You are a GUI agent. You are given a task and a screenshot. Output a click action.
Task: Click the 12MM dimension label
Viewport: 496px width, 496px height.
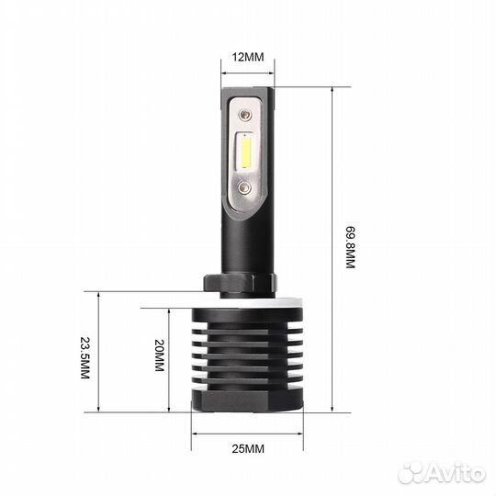tap(247, 56)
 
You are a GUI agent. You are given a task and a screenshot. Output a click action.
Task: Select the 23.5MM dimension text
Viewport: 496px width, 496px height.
tap(85, 361)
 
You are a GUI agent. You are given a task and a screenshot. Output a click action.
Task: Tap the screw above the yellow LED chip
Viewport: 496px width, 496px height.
tap(246, 115)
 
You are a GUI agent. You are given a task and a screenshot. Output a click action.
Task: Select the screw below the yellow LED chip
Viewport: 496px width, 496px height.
tap(245, 186)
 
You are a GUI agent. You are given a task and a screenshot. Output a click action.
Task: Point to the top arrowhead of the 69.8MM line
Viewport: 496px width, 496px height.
tap(333, 89)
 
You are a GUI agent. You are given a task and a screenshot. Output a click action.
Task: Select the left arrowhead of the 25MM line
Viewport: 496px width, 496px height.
tap(194, 433)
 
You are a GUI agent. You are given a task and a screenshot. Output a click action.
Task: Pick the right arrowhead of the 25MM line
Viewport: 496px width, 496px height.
tap(299, 433)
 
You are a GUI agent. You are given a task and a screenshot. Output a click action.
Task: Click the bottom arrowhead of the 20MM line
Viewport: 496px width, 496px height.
tap(170, 410)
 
